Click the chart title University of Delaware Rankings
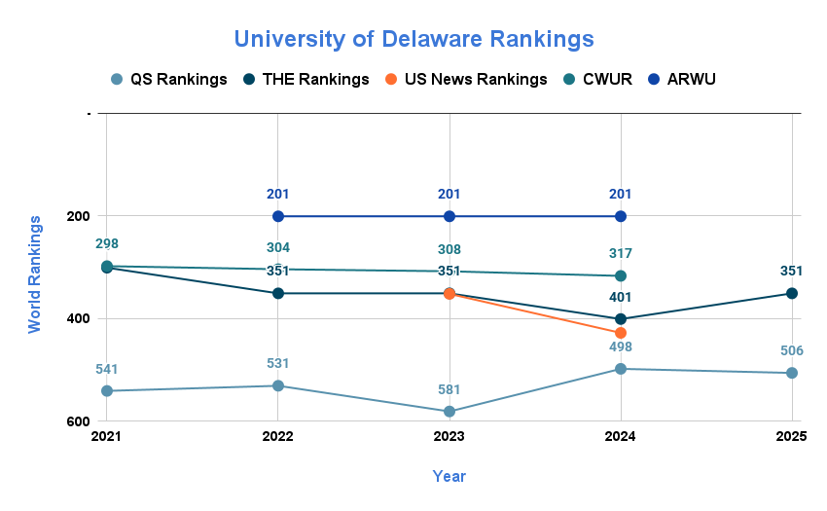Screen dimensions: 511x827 [x=413, y=39]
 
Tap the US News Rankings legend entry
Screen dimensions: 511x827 [x=466, y=79]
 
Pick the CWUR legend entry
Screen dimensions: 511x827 [x=597, y=79]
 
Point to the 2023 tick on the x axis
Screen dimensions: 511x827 [x=449, y=437]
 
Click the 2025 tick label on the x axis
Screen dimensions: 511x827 [x=792, y=437]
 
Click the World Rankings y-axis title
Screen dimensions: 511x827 [x=35, y=274]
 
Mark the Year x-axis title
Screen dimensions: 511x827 [x=449, y=476]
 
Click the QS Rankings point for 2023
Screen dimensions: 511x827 [x=449, y=412]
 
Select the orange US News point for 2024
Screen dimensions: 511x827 [x=621, y=333]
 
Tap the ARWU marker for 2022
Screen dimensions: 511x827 [x=278, y=216]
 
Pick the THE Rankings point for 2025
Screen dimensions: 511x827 [x=792, y=293]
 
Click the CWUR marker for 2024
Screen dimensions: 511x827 [x=621, y=276]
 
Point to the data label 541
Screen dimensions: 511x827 [x=107, y=369]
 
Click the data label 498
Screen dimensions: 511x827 [x=621, y=347]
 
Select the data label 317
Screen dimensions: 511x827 [x=621, y=253]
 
